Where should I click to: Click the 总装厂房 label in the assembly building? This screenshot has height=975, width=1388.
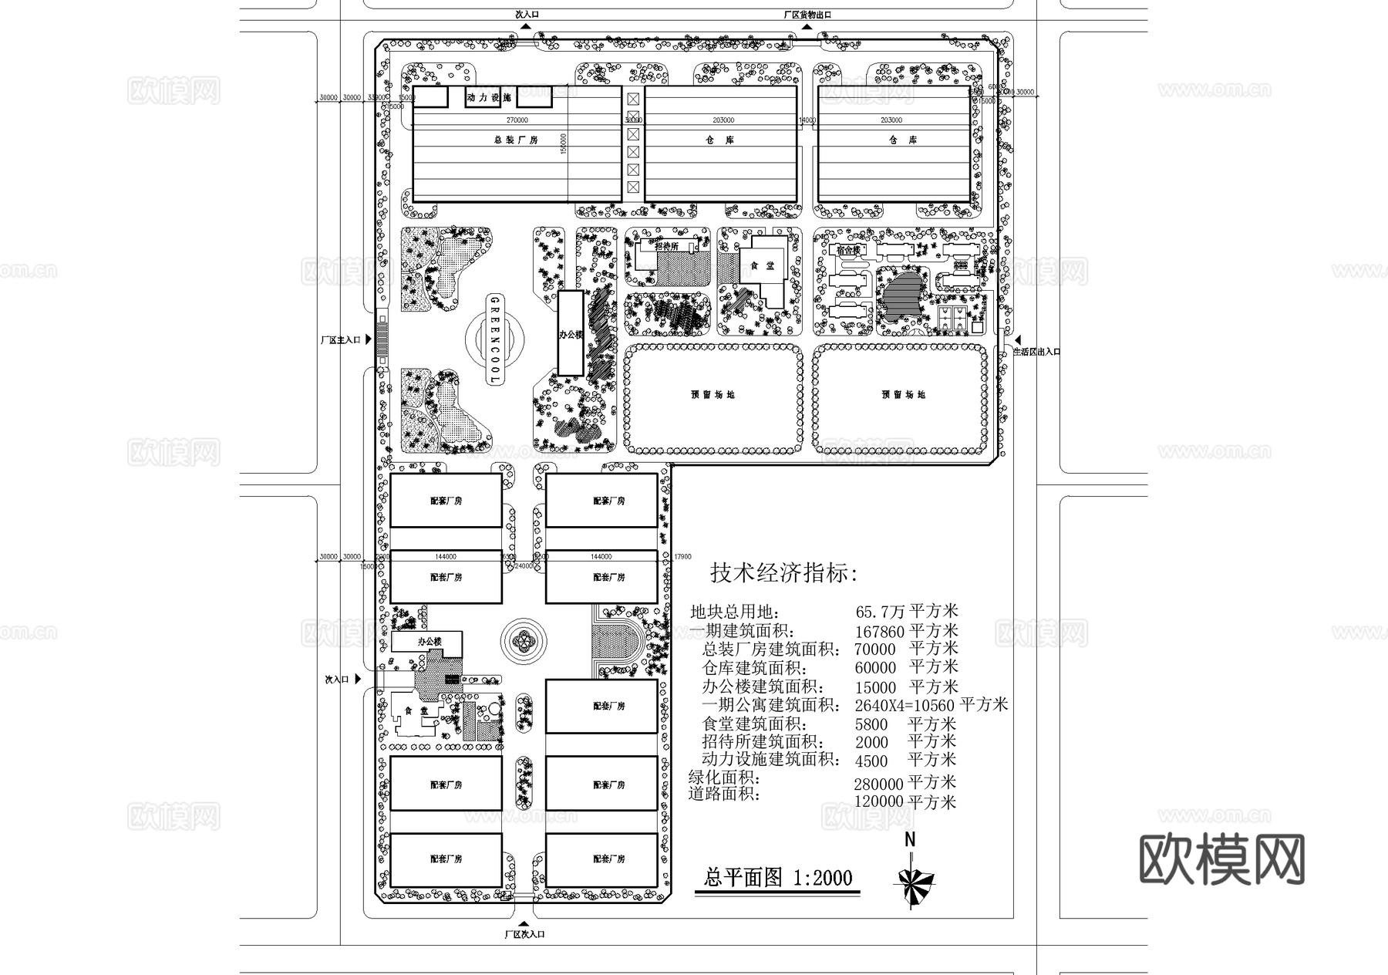coord(516,140)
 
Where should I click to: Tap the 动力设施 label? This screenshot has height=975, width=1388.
coord(489,98)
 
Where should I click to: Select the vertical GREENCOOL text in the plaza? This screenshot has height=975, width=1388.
coord(494,339)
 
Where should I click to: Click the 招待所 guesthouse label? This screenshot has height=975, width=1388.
coord(667,246)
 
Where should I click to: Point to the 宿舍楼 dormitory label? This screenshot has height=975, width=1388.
coord(847,250)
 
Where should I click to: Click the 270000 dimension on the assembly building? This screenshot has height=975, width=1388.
coord(517,120)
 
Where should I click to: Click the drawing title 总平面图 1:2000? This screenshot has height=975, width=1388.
coord(779,878)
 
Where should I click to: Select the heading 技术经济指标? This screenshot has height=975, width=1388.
coord(783,573)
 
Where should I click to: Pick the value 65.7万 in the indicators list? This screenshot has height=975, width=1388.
coord(880,612)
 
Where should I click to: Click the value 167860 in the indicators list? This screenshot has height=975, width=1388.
coord(879,632)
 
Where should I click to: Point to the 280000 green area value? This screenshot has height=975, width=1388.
coord(878,784)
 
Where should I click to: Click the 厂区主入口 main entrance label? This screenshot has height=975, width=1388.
coord(341,339)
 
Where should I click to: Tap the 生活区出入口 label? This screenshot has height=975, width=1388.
coord(1036,352)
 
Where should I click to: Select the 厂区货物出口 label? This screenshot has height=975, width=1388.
coord(807,15)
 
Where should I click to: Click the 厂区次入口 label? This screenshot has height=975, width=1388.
coord(524,934)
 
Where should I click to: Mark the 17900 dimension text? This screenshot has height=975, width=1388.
coord(682,557)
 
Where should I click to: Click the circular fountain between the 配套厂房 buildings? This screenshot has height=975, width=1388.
coord(524,639)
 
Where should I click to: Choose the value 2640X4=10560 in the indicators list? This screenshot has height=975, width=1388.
coord(905,705)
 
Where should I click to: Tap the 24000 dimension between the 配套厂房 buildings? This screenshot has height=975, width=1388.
coord(524,565)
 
